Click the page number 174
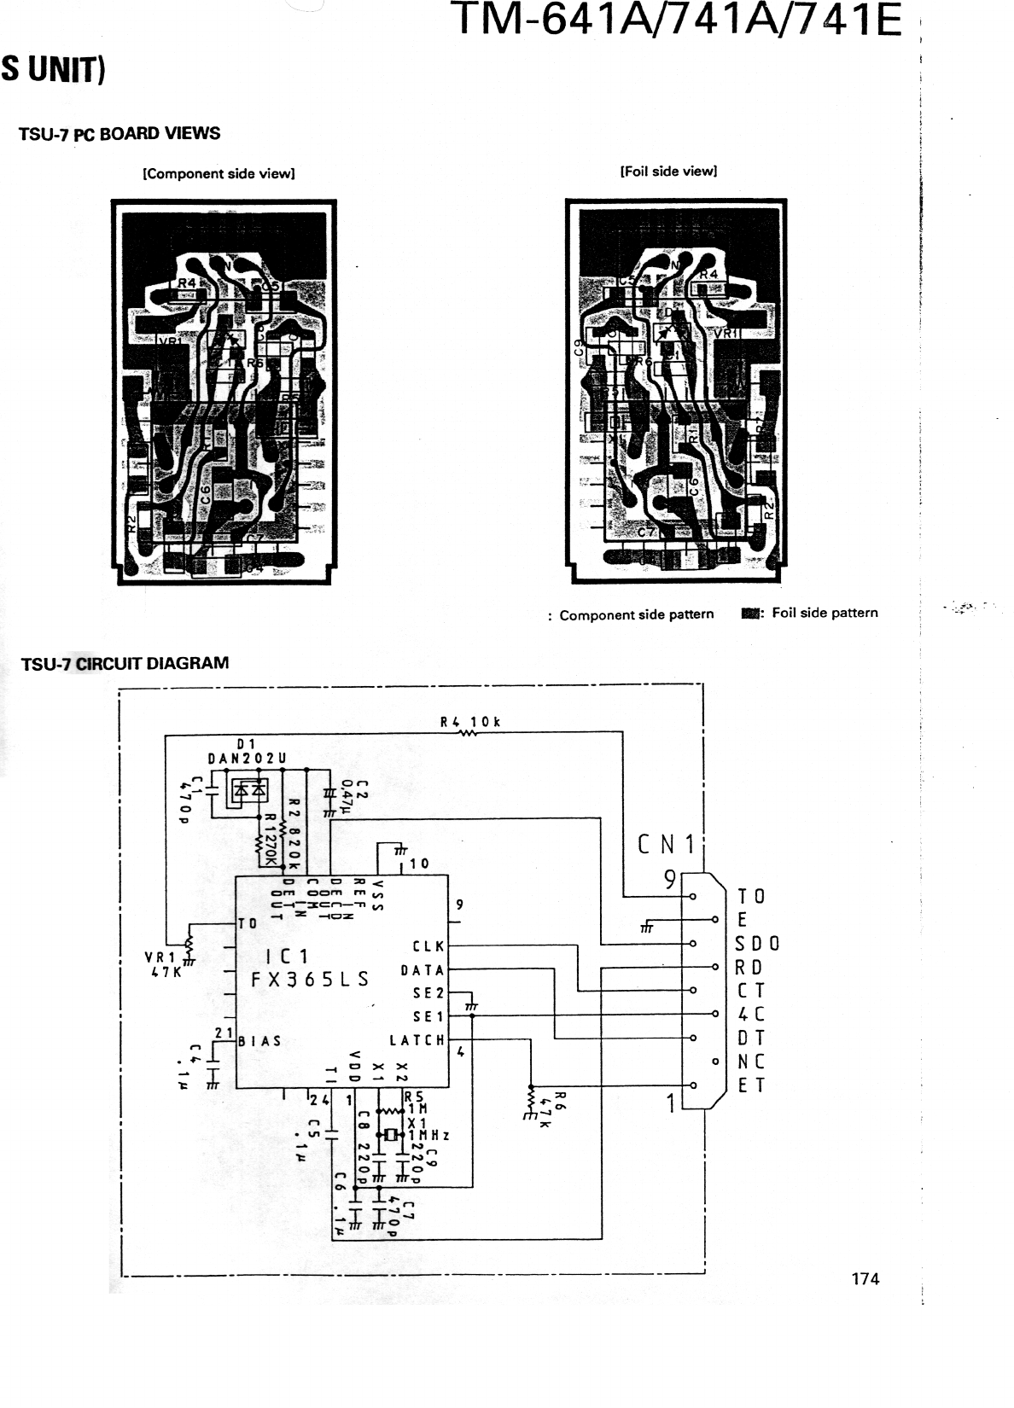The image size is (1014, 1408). point(865,1278)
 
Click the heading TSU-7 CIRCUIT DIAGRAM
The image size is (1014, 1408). point(125,663)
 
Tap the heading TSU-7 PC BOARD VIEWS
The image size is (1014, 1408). point(119,134)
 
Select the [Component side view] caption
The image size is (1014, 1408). point(219,173)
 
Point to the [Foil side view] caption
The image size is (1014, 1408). point(668,171)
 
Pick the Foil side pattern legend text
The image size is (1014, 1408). point(824,613)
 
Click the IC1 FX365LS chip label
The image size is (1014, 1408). point(309,968)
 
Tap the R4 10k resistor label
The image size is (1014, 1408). point(469,722)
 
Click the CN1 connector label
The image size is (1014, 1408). point(667,845)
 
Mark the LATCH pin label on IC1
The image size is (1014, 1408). point(417,1040)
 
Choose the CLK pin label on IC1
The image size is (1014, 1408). point(428,946)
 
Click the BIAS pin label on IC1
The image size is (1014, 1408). point(260,1041)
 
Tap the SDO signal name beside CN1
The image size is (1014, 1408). point(757,944)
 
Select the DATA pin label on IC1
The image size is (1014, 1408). point(422,970)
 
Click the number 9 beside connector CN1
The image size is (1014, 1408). point(671,879)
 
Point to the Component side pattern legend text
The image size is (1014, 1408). point(636,614)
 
